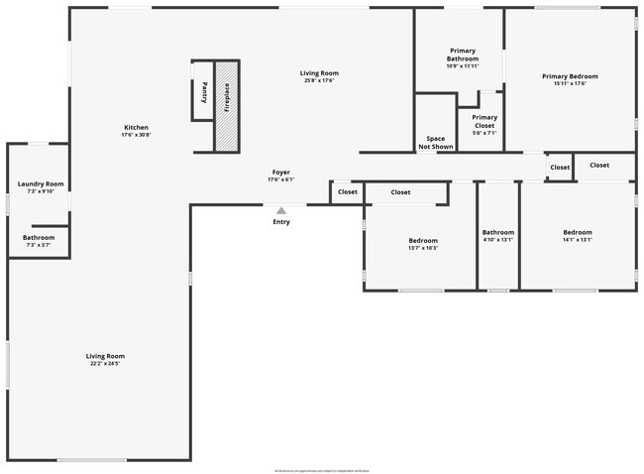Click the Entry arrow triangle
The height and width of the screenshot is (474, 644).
click(281, 210)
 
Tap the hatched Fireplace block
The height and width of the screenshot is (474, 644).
click(227, 105)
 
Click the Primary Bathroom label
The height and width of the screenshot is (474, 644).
click(463, 59)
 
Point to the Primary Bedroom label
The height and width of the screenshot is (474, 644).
click(570, 76)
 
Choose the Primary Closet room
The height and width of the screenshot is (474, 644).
click(484, 122)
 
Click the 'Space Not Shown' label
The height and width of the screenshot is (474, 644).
click(435, 142)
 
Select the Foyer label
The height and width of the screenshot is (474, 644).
click(281, 176)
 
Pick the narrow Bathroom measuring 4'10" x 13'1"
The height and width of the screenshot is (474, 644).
click(498, 236)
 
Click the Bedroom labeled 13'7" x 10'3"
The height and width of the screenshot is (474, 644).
click(423, 244)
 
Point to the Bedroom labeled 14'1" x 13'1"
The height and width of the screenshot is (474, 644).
click(577, 236)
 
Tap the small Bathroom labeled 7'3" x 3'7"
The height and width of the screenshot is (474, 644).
click(39, 241)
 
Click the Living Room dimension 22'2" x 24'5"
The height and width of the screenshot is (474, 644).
click(105, 364)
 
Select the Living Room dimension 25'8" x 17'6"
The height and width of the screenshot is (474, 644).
click(319, 80)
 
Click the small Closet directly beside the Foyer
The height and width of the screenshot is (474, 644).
click(347, 191)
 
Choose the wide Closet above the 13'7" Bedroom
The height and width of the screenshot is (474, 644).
click(400, 191)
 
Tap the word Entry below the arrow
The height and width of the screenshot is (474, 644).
click(281, 221)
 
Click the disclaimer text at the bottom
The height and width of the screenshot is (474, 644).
click(321, 470)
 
